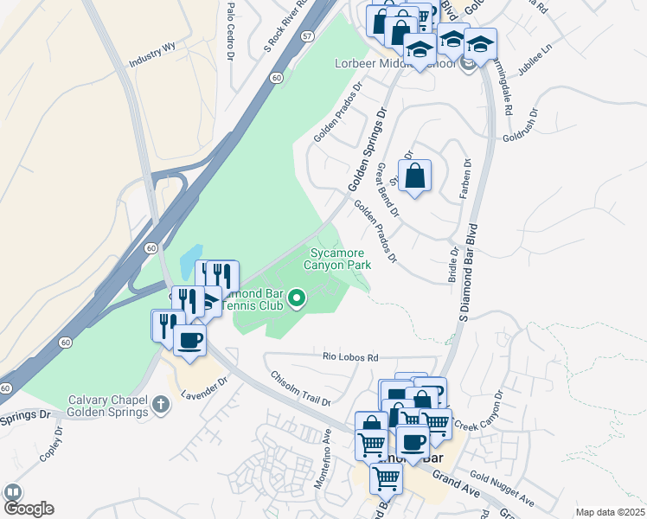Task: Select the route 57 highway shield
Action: (308, 61)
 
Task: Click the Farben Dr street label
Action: (466, 181)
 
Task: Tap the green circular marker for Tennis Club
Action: (298, 299)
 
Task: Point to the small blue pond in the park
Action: (189, 259)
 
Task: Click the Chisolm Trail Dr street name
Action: (300, 388)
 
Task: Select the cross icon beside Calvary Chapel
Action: (160, 403)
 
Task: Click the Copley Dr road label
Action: (53, 445)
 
